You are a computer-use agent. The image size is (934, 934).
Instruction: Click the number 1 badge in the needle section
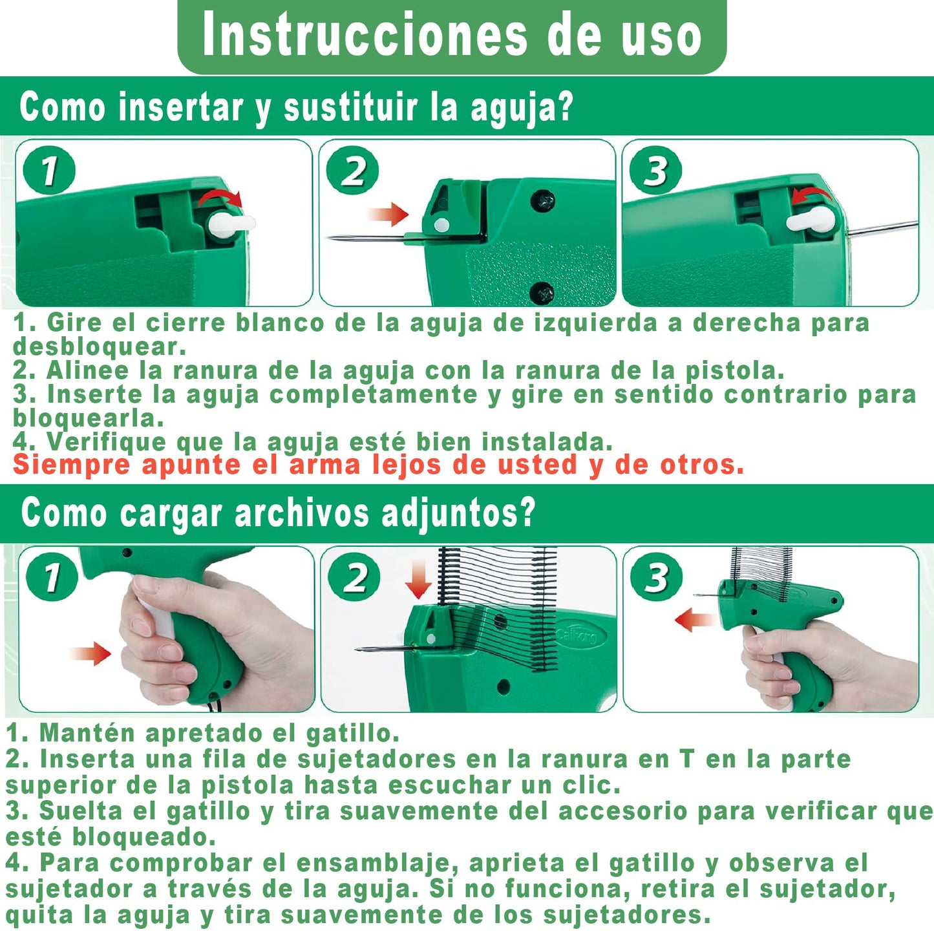(49, 170)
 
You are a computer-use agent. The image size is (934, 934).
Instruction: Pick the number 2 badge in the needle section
(352, 170)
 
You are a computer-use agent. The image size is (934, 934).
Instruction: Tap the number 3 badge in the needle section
(655, 170)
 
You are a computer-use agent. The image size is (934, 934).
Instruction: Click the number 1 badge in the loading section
(52, 577)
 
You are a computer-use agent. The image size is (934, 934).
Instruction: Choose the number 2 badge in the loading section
(354, 577)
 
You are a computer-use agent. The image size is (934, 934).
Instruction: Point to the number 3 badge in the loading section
(656, 577)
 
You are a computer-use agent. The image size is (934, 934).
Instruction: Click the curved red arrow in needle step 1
(220, 195)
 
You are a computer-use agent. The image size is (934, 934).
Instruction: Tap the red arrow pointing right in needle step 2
(388, 214)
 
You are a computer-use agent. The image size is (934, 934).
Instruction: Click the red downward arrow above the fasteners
(418, 579)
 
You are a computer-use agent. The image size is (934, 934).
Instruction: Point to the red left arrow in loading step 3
(695, 621)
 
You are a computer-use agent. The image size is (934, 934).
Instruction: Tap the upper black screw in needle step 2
(542, 200)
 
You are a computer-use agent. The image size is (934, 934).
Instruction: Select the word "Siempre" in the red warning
(71, 466)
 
